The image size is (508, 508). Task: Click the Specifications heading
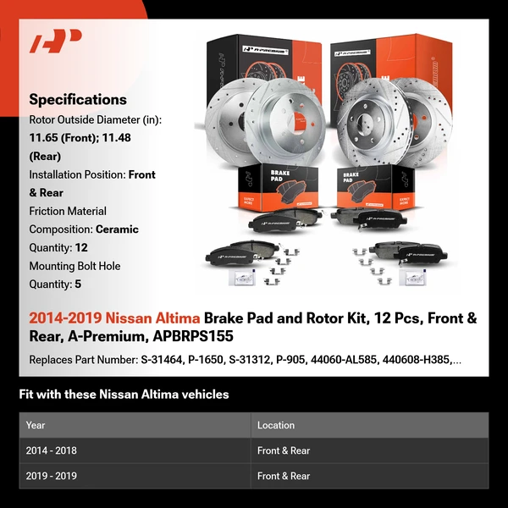(77, 99)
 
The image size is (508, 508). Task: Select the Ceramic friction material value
(117, 229)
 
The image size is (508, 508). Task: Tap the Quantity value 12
(81, 247)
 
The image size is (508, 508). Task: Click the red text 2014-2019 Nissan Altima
(114, 319)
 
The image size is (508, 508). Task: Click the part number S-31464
(163, 360)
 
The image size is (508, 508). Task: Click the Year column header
(36, 425)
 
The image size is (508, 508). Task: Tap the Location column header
(276, 425)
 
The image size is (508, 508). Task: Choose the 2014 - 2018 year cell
(51, 450)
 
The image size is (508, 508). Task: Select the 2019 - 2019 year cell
(51, 476)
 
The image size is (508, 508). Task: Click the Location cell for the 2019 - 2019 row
(284, 476)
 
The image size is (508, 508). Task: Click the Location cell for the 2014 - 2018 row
(284, 450)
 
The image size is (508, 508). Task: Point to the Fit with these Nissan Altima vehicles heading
(124, 395)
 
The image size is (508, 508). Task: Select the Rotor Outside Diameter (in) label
(95, 119)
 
